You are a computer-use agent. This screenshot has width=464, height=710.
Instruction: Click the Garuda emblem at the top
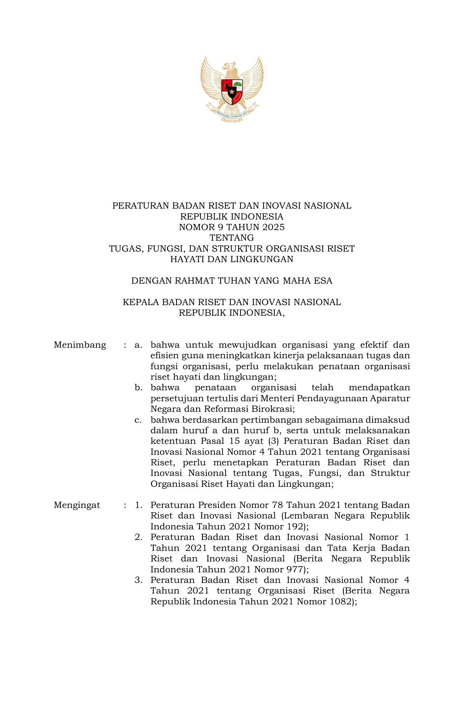232,89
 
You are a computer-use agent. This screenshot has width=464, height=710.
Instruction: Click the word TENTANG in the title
232,238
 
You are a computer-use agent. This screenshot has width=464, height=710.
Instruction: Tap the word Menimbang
80,345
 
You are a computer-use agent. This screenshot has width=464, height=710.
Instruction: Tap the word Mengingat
77,505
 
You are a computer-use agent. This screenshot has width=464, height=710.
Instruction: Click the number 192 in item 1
296,526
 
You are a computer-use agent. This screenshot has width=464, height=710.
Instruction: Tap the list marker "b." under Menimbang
138,388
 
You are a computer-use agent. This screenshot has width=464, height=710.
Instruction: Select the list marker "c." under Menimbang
138,420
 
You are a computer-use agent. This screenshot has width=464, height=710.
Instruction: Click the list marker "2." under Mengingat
138,537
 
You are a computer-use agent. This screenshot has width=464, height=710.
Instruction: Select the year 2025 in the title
273,228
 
